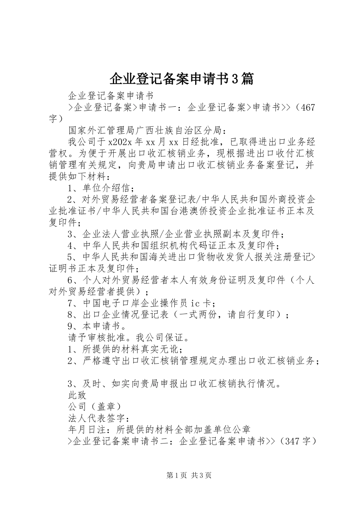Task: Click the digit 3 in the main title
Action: click(x=235, y=79)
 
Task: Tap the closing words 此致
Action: click(x=77, y=395)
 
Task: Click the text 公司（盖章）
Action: click(x=95, y=407)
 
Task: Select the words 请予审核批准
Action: click(x=97, y=337)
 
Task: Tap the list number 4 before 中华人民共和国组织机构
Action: click(x=70, y=246)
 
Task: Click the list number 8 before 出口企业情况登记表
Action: click(x=70, y=315)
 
